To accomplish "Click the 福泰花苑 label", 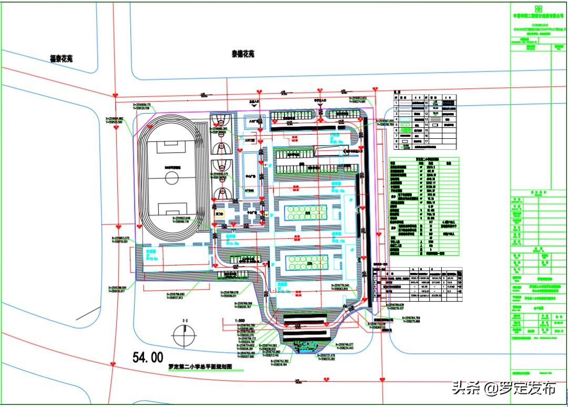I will [61, 59].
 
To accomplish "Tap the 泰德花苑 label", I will [243, 54].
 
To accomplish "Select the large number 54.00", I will [148, 358].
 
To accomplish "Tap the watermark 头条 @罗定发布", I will [502, 389].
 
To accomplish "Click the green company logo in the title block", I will [538, 8].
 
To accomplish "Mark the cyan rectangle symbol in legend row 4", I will [404, 125].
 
